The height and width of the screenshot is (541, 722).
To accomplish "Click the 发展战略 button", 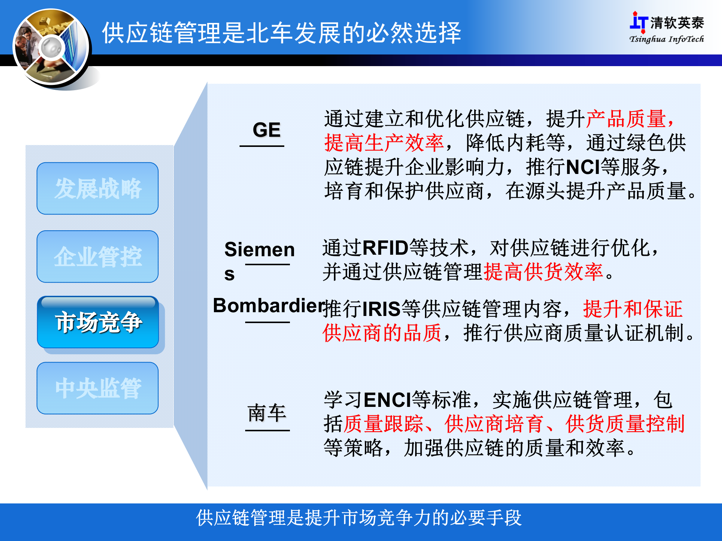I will [x=97, y=188].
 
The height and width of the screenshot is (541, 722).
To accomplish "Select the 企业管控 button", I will [x=97, y=257].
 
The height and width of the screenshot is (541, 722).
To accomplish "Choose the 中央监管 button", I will [x=97, y=388].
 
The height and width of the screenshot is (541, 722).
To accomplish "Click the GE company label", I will [x=266, y=130].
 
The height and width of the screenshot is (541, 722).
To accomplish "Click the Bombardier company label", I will [x=268, y=305].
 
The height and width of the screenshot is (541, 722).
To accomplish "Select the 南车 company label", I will [x=267, y=413].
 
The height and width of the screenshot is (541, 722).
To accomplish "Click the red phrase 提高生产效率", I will [x=384, y=143].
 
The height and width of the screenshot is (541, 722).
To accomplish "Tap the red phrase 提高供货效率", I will [x=543, y=272].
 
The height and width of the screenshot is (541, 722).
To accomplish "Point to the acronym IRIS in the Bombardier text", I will [x=381, y=309].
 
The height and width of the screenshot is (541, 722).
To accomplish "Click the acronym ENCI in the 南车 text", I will [x=387, y=400].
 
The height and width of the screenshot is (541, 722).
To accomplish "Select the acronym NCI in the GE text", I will [x=582, y=167].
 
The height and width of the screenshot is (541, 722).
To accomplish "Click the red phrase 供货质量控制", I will [x=625, y=424].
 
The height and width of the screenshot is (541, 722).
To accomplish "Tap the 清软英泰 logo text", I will [x=676, y=23].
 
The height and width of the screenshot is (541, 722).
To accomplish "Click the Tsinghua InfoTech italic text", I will [x=666, y=39].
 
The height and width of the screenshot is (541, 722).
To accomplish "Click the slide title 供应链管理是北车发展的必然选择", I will [x=281, y=33].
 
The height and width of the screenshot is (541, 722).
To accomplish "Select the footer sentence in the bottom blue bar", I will [x=359, y=518].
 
